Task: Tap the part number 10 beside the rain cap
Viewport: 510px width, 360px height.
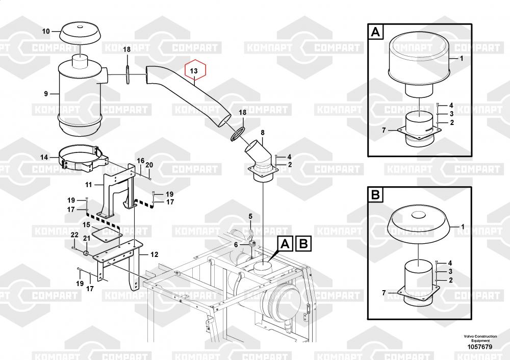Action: click(x=46, y=32)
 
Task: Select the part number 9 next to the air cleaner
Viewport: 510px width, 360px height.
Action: click(x=46, y=93)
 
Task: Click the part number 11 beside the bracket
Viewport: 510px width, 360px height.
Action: click(x=88, y=185)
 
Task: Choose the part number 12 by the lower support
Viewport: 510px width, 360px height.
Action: click(x=155, y=254)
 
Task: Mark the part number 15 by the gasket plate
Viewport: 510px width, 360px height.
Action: click(x=86, y=224)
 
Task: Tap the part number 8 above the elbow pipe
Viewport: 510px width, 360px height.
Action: click(x=263, y=133)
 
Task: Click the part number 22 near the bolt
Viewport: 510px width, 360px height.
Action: click(x=74, y=235)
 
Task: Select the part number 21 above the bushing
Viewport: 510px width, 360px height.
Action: click(x=86, y=238)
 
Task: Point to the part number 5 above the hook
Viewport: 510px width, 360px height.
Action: click(x=250, y=216)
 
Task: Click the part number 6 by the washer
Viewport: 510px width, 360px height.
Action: click(x=236, y=245)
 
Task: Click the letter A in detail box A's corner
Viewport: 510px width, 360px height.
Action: click(x=375, y=33)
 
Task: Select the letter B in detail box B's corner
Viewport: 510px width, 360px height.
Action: click(x=375, y=194)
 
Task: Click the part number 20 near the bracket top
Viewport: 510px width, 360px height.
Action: click(x=149, y=165)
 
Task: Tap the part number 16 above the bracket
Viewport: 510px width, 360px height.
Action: click(x=140, y=161)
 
